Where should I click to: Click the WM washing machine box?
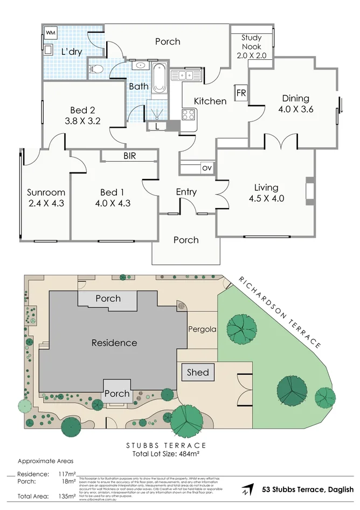tap(51, 33)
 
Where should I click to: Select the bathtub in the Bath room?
tap(158, 79)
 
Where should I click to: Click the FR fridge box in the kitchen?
tap(241, 92)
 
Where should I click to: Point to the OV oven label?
tap(206, 168)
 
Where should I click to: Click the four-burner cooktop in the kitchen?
tap(189, 114)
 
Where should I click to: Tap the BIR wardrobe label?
tap(129, 156)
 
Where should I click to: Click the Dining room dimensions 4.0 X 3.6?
tap(295, 108)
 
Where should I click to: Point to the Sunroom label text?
tap(46, 192)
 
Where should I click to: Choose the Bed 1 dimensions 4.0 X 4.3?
tap(112, 203)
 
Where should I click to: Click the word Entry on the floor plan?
tap(186, 192)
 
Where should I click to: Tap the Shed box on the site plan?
tap(197, 373)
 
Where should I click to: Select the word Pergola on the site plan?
tap(202, 329)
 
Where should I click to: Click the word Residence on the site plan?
tap(114, 342)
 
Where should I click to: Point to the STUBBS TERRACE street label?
tap(166, 445)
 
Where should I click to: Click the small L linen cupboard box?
tap(157, 126)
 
